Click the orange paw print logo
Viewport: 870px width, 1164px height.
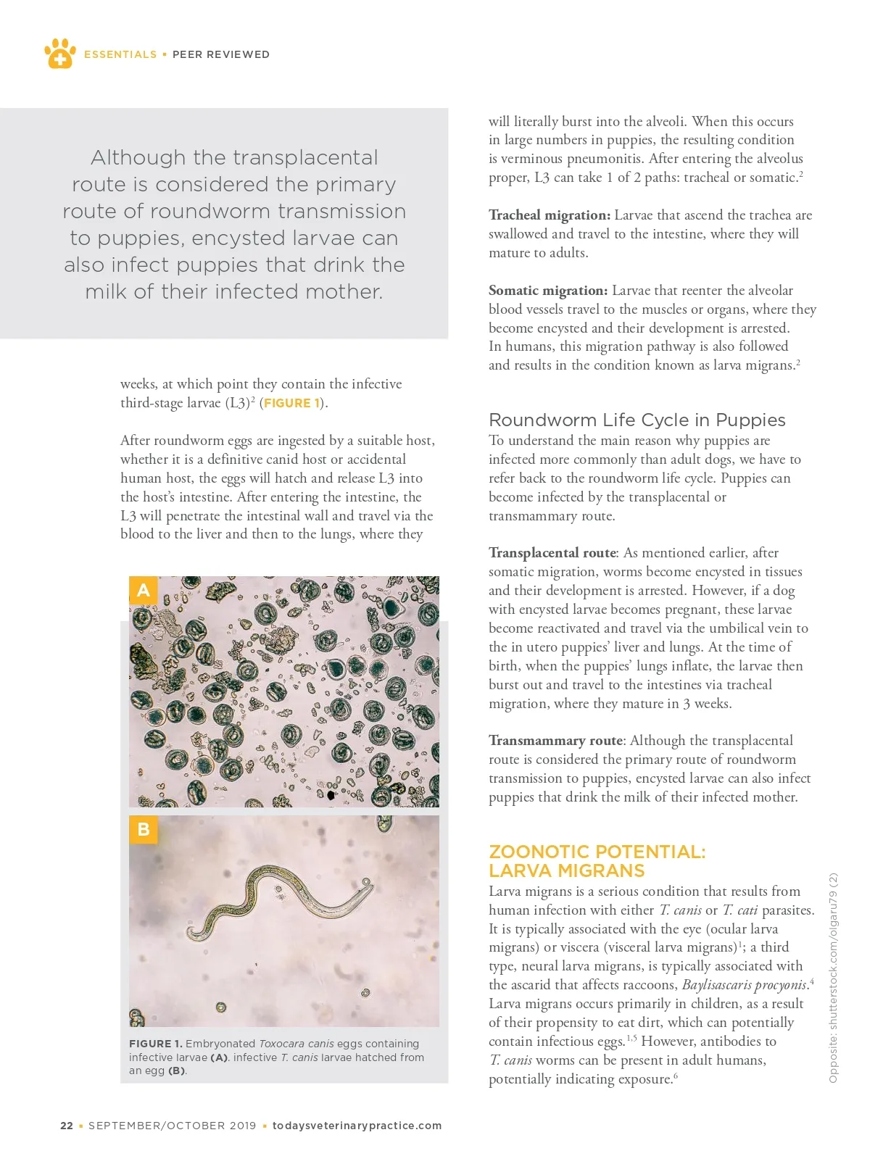pos(59,53)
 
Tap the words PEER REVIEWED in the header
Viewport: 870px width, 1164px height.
pos(220,54)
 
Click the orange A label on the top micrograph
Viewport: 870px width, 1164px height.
pos(144,590)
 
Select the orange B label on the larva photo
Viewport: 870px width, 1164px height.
pos(144,829)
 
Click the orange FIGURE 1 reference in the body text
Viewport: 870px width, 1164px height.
pos(291,403)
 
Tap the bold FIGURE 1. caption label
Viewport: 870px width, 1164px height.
pos(155,1044)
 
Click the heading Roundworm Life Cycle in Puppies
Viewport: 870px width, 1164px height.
pos(637,420)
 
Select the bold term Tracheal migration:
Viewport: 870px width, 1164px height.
pos(550,215)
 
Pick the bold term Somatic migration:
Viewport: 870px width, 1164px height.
pos(548,291)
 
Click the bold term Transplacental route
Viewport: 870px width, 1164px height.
pos(552,553)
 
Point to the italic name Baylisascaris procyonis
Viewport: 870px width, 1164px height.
pos(745,985)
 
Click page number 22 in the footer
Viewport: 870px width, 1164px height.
pos(67,1126)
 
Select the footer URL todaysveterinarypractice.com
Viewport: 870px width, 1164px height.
pos(357,1126)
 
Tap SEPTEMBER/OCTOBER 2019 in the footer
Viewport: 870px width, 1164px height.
pos(173,1126)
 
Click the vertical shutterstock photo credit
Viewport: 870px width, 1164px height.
pos(833,978)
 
